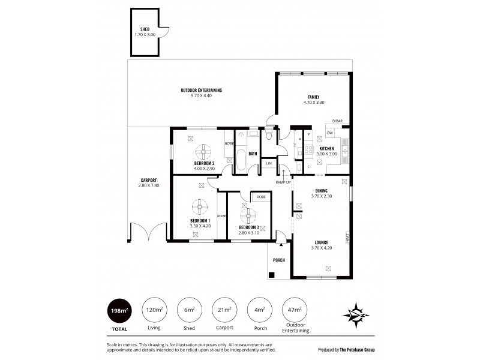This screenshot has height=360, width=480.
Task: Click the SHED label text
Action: click(x=145, y=29)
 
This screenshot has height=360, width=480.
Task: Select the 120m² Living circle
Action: click(x=154, y=310)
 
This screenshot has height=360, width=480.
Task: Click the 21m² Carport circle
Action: click(x=224, y=310)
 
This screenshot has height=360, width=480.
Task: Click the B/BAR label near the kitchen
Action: click(x=338, y=121)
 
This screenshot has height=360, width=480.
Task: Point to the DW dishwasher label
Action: click(x=330, y=134)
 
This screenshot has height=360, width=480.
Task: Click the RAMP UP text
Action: click(x=283, y=182)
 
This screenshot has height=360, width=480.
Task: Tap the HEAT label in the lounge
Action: click(x=347, y=238)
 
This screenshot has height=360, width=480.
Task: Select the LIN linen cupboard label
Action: click(x=269, y=163)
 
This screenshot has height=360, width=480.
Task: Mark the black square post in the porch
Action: click(x=272, y=275)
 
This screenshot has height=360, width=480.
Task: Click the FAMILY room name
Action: click(x=314, y=97)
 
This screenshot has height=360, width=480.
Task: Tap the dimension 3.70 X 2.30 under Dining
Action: click(x=322, y=196)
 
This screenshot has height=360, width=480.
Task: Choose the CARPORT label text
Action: click(x=149, y=180)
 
